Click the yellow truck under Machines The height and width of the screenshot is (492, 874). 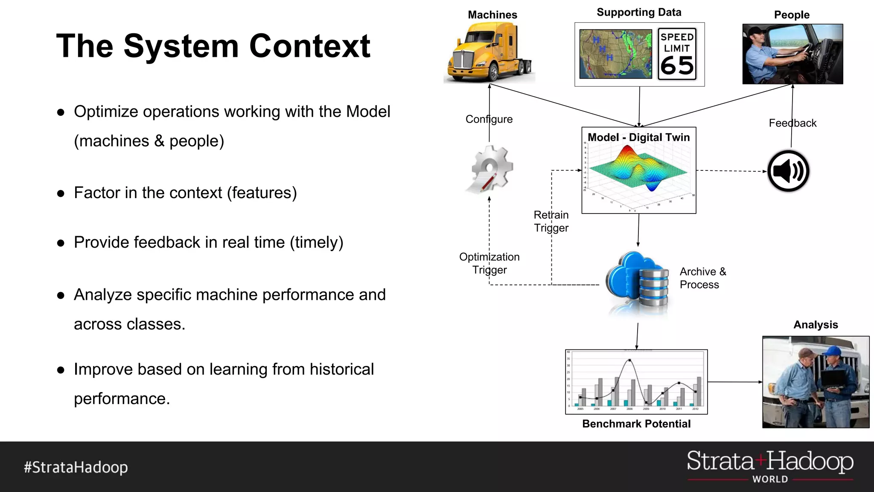(x=489, y=53)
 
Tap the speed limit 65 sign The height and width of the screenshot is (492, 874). (x=677, y=54)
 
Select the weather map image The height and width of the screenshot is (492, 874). (x=615, y=54)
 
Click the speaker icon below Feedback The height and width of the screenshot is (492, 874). (x=788, y=171)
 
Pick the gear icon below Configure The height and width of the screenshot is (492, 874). (x=490, y=169)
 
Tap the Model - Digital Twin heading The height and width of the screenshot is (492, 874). (x=638, y=138)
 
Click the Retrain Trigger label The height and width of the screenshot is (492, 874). (x=551, y=221)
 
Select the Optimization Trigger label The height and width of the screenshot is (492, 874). (x=489, y=263)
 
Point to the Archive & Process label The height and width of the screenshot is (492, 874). (x=702, y=278)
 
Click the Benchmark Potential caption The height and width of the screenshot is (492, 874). (x=636, y=424)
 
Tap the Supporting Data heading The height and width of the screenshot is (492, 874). (x=639, y=12)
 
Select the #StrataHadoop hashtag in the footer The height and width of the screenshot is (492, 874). (x=76, y=467)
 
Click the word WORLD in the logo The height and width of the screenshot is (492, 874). (x=770, y=479)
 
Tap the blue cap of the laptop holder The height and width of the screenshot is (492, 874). (x=833, y=351)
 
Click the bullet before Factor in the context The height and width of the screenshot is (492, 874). (x=61, y=193)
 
